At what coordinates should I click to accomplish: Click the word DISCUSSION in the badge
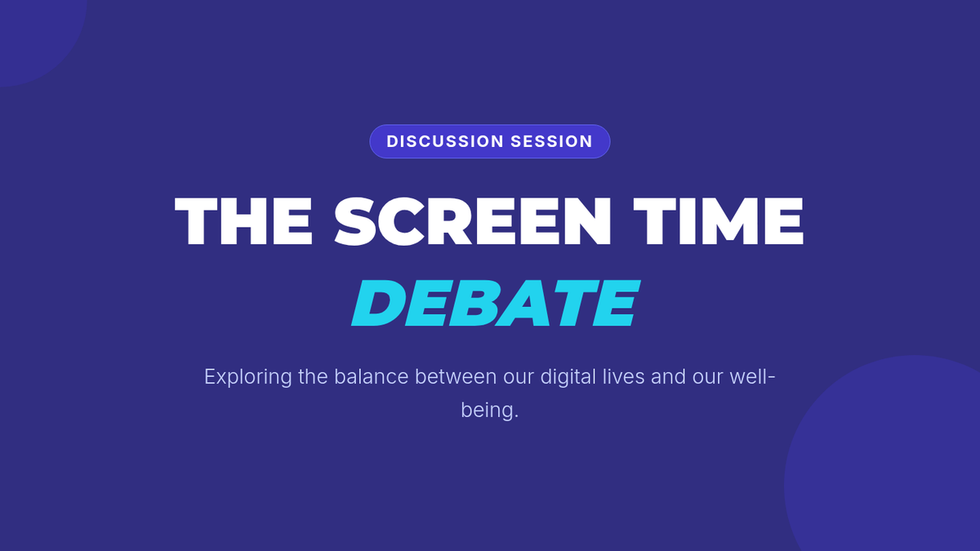pos(445,141)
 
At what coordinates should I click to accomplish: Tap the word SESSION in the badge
pos(551,141)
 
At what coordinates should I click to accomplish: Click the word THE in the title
pos(243,221)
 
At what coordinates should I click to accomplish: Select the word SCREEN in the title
pos(473,221)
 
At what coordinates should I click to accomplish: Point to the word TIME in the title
pos(719,221)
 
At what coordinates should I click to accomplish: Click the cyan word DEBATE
pos(496,304)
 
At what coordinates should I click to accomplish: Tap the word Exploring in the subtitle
pos(248,377)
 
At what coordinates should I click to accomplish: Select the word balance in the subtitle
pos(371,376)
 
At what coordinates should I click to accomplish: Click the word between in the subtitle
pos(456,376)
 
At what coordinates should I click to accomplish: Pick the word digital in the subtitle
pos(568,377)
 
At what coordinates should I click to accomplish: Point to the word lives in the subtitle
pos(623,376)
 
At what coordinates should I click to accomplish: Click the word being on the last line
pos(489,411)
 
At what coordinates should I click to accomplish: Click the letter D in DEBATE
pos(377,304)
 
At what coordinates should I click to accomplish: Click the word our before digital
pos(519,378)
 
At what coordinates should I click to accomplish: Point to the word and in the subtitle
pos(668,376)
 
